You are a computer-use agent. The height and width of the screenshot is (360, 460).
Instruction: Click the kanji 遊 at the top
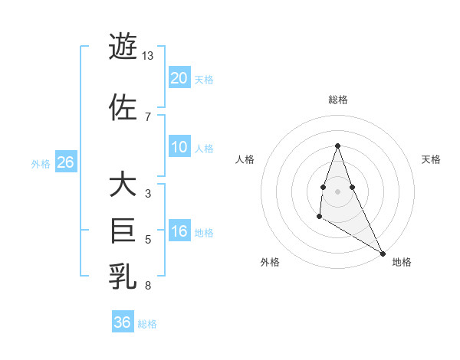click(x=123, y=47)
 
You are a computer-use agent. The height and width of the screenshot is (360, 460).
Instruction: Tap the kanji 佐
click(x=123, y=106)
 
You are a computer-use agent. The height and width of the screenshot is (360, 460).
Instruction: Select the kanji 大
click(x=123, y=185)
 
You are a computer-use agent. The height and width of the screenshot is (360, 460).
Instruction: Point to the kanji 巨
click(x=123, y=230)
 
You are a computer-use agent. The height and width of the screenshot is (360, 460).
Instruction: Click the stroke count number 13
click(x=148, y=56)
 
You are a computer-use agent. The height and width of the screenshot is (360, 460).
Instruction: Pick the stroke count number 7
click(x=148, y=116)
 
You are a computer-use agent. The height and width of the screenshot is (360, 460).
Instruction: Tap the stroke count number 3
click(x=148, y=194)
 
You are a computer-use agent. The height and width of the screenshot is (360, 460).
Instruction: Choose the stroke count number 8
click(x=148, y=286)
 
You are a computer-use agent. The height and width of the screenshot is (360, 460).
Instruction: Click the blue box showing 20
click(x=179, y=78)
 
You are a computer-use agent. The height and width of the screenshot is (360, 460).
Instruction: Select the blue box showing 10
click(x=179, y=147)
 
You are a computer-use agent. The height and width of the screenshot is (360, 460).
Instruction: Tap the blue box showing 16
click(x=179, y=231)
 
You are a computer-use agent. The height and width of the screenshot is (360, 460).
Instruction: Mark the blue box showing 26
click(x=65, y=162)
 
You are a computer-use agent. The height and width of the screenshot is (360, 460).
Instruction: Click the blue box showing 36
click(x=123, y=322)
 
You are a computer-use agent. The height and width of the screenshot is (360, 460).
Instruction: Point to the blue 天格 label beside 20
click(x=204, y=80)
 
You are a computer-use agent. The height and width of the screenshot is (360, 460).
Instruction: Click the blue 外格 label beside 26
click(x=41, y=164)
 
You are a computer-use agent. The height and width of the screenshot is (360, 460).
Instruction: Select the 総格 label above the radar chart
click(x=338, y=100)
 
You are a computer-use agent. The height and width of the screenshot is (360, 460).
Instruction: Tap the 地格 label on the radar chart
click(x=402, y=262)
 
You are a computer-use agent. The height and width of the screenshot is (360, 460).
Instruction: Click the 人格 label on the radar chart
click(x=245, y=159)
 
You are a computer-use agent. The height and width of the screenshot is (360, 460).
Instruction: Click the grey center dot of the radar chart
click(x=338, y=191)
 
